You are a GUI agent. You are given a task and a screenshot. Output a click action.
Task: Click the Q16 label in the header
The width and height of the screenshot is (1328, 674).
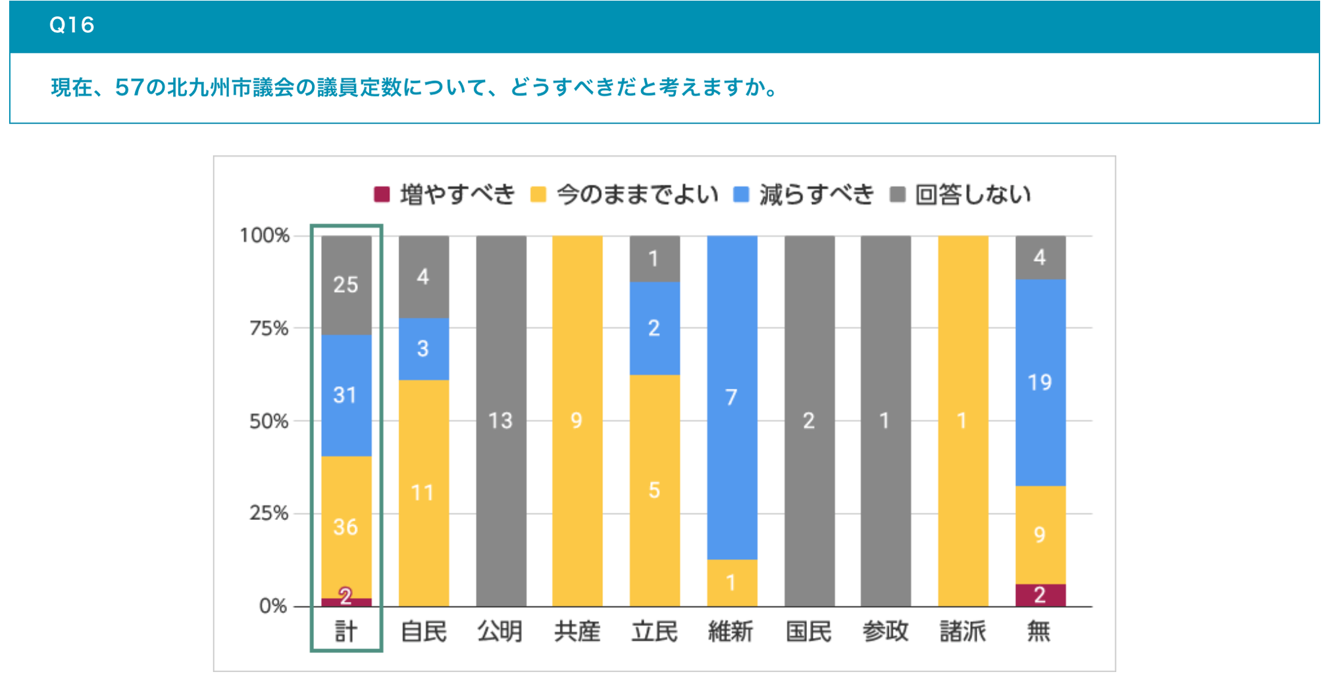click(x=72, y=25)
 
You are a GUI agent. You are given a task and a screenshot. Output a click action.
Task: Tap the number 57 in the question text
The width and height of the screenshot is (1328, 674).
click(x=129, y=87)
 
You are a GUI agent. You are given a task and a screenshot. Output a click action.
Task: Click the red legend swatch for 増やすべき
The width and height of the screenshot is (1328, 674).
click(x=382, y=194)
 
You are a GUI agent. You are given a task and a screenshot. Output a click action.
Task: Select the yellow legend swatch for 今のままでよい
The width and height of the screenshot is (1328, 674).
click(x=538, y=194)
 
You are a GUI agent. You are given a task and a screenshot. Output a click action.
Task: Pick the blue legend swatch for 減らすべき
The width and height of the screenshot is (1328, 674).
click(x=741, y=194)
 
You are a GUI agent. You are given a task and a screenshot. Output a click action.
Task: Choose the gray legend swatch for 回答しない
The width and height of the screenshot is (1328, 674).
click(x=898, y=194)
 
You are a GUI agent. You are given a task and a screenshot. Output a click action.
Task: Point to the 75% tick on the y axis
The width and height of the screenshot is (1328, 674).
click(x=269, y=328)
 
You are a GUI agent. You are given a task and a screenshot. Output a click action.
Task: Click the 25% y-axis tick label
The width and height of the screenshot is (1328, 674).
click(x=269, y=513)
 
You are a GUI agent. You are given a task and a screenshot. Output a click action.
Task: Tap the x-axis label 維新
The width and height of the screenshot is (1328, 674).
click(x=730, y=631)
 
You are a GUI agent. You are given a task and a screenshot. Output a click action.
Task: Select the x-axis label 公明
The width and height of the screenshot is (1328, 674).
click(x=500, y=631)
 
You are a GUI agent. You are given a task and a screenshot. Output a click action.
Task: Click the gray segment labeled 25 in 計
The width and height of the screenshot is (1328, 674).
click(x=346, y=285)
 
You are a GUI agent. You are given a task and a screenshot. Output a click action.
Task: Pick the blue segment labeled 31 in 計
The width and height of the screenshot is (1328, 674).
click(x=346, y=395)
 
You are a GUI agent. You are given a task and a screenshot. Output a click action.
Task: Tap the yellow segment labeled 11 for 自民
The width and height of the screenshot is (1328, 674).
click(x=423, y=492)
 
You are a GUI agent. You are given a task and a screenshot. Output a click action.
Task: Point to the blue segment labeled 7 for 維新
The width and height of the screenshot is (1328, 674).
click(x=732, y=397)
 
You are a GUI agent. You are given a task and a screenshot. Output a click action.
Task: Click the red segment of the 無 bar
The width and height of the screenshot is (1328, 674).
click(x=1040, y=595)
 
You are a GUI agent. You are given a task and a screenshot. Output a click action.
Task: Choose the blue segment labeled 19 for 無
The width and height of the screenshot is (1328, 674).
click(x=1040, y=382)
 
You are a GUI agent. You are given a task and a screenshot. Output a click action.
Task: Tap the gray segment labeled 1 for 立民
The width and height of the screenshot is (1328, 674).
click(x=654, y=259)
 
